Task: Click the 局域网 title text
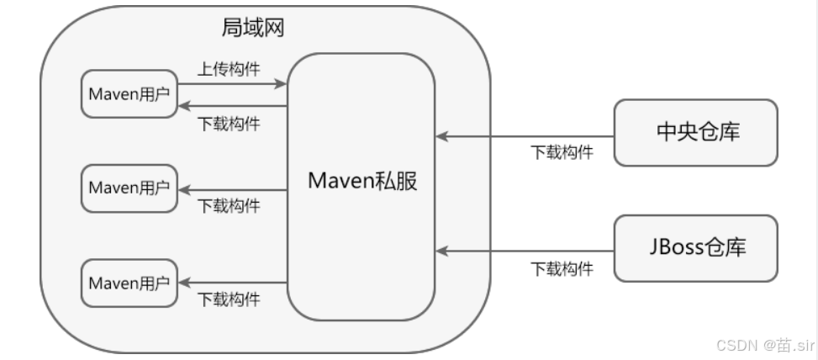252,28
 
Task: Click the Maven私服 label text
362,181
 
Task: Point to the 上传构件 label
229,68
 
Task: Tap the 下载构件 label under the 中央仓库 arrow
562,153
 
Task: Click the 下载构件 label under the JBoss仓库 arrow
562,269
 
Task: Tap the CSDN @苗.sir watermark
754,344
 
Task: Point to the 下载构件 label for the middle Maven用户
229,206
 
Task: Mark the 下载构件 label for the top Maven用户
229,124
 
